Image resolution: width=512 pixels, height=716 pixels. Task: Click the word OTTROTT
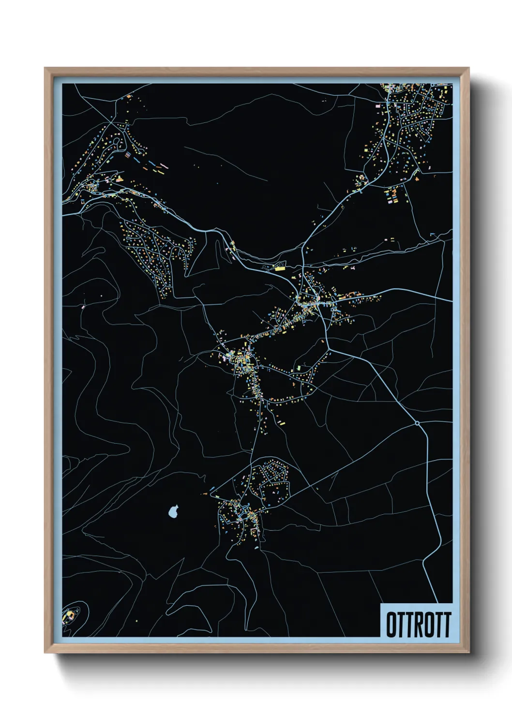418,625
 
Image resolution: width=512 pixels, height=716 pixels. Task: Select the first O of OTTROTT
391,625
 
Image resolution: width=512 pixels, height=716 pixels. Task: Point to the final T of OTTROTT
447,625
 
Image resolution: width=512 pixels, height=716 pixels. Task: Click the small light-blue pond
173,511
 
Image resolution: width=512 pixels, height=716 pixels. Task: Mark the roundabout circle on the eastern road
417,423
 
